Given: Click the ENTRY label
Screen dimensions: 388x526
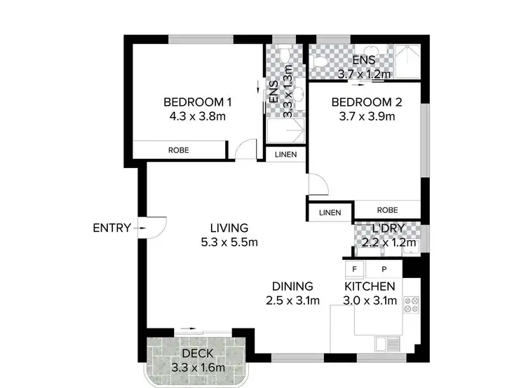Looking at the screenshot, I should pos(112,227).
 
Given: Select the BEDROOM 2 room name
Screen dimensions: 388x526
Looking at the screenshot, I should pos(367,102).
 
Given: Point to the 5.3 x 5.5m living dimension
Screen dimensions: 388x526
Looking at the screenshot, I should pos(229,243).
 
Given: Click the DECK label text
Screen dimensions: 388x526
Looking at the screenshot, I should pos(197,354).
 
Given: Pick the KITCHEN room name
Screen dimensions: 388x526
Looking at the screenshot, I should pos(370,286).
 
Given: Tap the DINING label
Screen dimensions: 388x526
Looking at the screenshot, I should pos(292,286).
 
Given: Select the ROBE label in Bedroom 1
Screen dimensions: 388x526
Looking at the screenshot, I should pos(177,150).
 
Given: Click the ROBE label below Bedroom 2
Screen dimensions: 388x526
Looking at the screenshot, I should pos(387,210).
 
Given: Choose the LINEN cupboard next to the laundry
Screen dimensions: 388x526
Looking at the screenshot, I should pos(330,212).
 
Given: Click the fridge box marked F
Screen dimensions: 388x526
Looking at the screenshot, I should pos(355,269).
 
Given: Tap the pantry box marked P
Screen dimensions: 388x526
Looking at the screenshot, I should pos(384,269).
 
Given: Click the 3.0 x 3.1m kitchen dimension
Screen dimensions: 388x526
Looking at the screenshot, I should pos(370,301).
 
